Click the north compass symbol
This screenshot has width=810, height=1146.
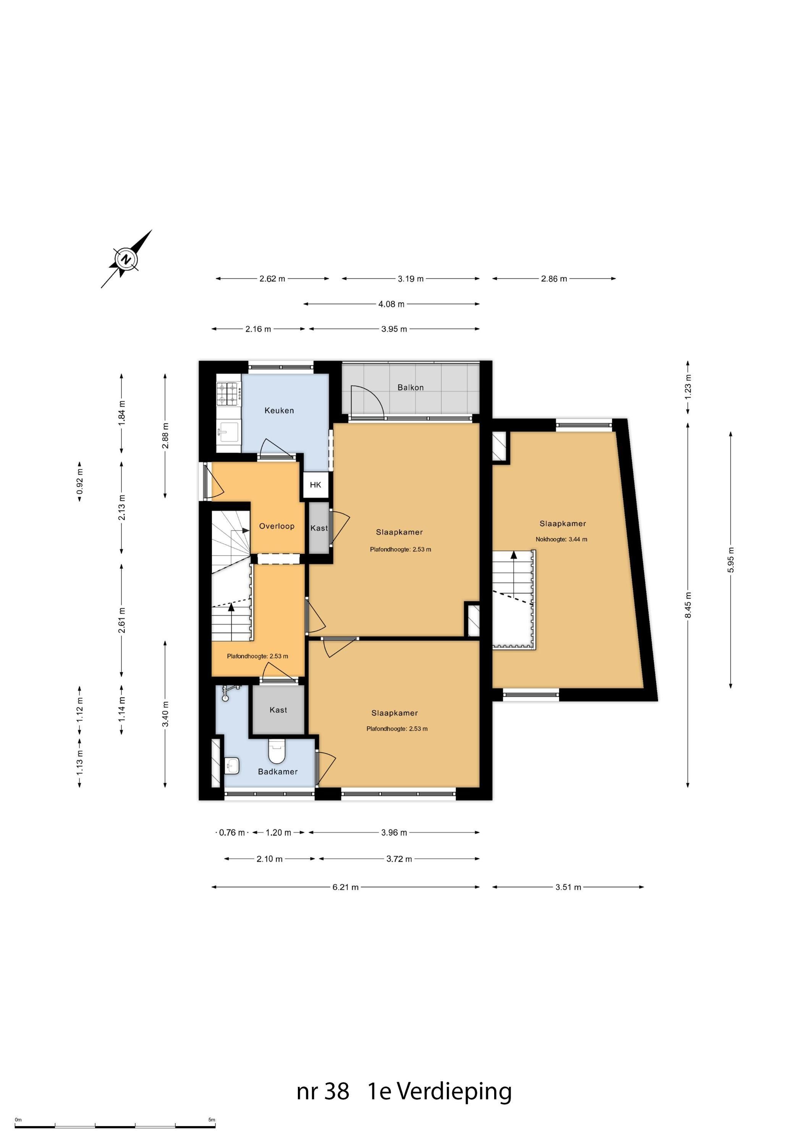[127, 259]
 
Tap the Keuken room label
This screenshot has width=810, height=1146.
[279, 410]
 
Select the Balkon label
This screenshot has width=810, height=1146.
[410, 387]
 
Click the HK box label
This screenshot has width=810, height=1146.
[315, 485]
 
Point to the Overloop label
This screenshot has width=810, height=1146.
[276, 526]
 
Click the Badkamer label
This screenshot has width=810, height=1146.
[278, 772]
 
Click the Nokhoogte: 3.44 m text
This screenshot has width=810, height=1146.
[561, 539]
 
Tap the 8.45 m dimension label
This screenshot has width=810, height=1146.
[688, 604]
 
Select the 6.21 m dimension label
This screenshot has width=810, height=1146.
[345, 887]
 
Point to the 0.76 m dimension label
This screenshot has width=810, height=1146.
[232, 832]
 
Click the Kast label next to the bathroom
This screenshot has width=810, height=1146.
[278, 710]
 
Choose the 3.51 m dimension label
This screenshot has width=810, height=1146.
[568, 887]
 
